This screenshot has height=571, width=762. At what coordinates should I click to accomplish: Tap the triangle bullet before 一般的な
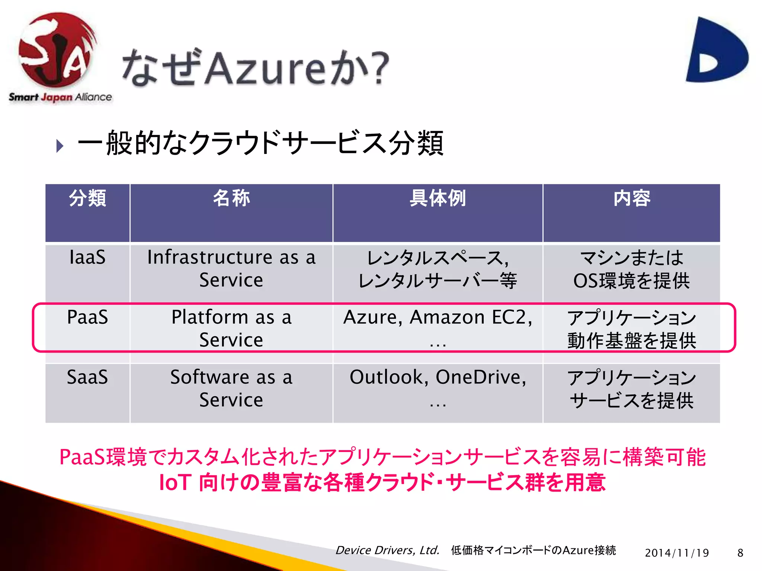pyautogui.click(x=60, y=145)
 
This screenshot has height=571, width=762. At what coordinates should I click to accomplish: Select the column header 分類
pyautogui.click(x=87, y=198)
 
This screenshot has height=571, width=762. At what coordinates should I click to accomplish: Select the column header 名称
pyautogui.click(x=231, y=198)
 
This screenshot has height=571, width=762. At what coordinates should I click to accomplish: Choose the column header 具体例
pyautogui.click(x=438, y=198)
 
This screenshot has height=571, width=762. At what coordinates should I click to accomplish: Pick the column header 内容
pyautogui.click(x=631, y=198)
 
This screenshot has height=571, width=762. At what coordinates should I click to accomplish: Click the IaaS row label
pyautogui.click(x=87, y=257)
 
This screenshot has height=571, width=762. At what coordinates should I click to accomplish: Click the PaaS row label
pyautogui.click(x=87, y=317)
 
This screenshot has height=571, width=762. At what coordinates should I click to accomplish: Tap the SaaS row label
pyautogui.click(x=87, y=377)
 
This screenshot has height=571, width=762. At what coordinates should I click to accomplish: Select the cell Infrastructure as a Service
pyautogui.click(x=231, y=268)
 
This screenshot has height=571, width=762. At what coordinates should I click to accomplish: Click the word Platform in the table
pyautogui.click(x=209, y=317)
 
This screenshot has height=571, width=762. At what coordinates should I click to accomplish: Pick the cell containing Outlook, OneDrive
pyautogui.click(x=438, y=387)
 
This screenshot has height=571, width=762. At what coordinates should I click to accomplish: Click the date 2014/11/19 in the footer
pyautogui.click(x=677, y=553)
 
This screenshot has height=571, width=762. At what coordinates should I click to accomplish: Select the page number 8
pyautogui.click(x=740, y=553)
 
